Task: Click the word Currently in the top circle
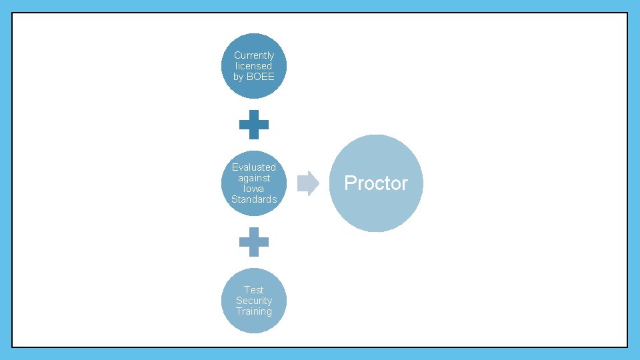coord(254,55)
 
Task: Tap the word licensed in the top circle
coord(254,66)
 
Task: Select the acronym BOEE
coord(261,77)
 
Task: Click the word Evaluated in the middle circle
coord(254,167)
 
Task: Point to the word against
coord(254,178)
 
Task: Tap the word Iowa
coord(254,189)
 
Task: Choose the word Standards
coord(254,199)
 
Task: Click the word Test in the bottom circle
coord(254,290)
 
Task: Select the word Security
coord(254,301)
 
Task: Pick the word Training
coord(254,311)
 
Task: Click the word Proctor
coord(376,183)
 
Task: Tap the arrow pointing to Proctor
coord(308,183)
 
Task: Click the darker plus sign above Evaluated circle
coord(254,125)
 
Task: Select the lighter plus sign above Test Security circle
coord(254,242)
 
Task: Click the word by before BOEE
coord(239,77)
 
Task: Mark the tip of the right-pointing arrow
coord(318,183)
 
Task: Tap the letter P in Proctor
coord(350,183)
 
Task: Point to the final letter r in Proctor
coord(404,185)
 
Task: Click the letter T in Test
coord(247,290)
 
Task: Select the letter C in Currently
coord(237,55)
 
